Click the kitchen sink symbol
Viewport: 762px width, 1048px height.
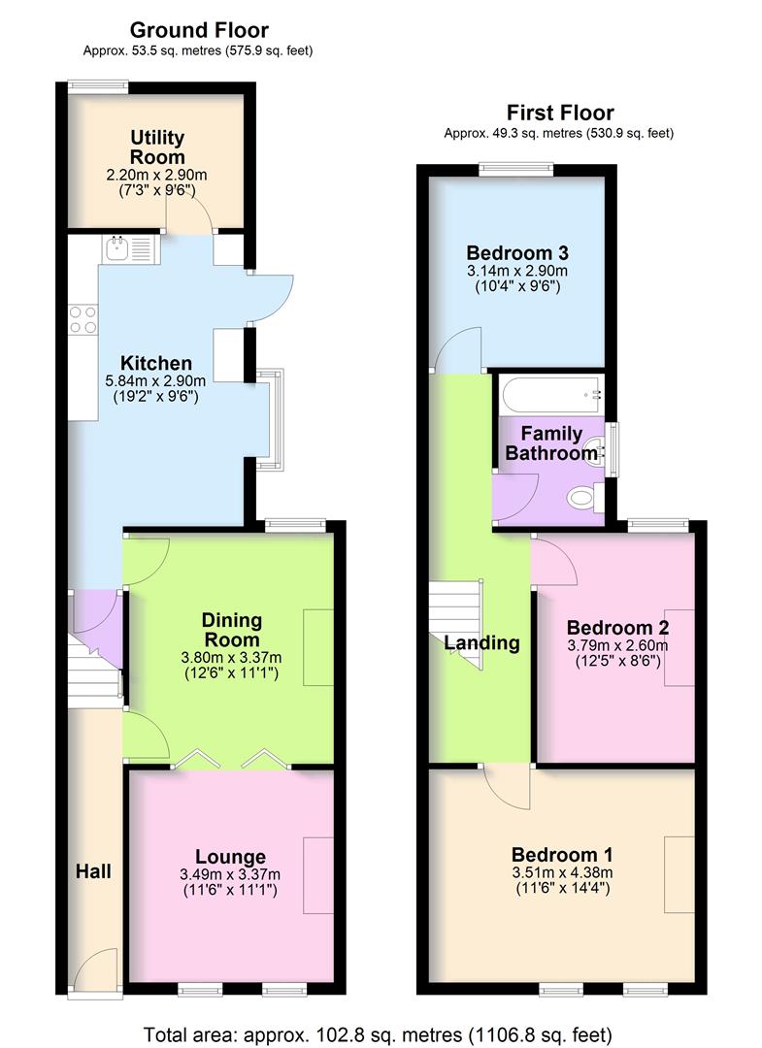coord(125,250)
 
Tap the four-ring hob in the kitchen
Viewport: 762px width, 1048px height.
coord(83,319)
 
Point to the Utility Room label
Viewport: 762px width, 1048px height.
coord(157,147)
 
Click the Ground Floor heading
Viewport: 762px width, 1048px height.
coord(199,31)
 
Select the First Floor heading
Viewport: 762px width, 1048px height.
coord(559,113)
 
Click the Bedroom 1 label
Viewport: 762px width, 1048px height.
coord(562,855)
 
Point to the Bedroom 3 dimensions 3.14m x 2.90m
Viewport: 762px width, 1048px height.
coord(516,271)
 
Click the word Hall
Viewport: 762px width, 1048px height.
coord(94,871)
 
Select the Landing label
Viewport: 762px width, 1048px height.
coord(481,642)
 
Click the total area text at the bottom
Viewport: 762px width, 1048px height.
coord(379,1033)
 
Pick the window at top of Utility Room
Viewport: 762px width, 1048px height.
coord(98,85)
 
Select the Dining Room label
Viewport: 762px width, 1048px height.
coord(230,630)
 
